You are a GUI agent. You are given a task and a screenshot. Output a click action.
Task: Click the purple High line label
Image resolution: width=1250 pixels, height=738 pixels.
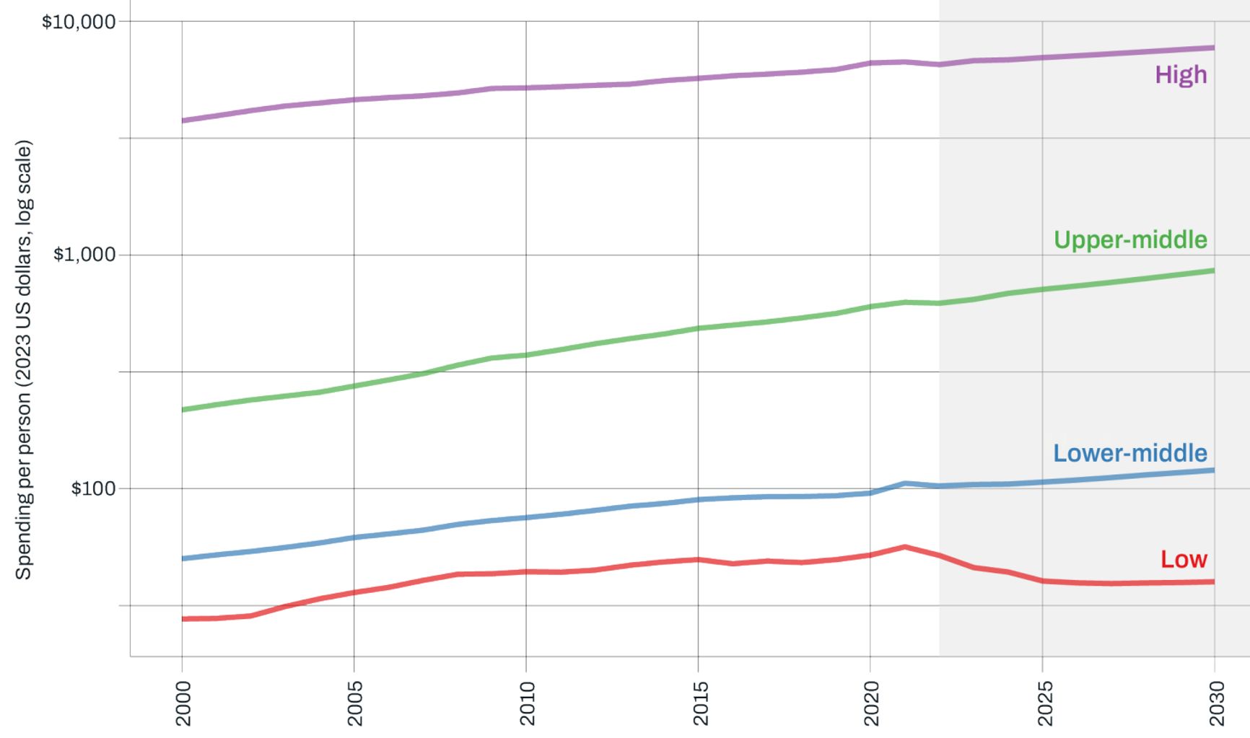click(x=1181, y=74)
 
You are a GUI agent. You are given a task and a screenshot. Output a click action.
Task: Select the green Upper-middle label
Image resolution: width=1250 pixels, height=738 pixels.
click(x=1130, y=240)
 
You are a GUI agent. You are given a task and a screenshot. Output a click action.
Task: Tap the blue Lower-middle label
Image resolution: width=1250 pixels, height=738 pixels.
click(x=1129, y=453)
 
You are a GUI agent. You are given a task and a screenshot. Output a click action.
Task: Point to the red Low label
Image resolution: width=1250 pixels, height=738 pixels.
click(x=1184, y=559)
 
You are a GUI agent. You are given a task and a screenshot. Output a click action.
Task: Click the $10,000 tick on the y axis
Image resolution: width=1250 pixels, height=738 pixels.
click(x=79, y=22)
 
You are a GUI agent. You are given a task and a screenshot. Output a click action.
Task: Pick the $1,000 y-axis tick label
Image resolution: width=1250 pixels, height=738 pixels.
click(x=84, y=255)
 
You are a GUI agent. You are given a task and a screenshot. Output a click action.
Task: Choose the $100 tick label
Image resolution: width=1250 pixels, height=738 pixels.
click(x=93, y=488)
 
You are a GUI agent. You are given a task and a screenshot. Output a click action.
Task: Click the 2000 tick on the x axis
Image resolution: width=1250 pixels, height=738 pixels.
click(x=183, y=703)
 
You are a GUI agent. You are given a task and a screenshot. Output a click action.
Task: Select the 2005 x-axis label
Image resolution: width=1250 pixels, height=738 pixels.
click(x=355, y=703)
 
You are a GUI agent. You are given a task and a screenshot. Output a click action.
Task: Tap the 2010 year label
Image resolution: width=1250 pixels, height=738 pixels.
click(x=527, y=703)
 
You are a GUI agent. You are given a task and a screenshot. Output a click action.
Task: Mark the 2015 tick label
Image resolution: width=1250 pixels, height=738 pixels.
click(x=699, y=703)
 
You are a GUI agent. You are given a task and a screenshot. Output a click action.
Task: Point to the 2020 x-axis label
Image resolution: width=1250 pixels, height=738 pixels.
click(x=871, y=703)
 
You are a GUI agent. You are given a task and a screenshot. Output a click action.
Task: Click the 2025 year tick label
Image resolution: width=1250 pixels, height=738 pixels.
click(x=1044, y=703)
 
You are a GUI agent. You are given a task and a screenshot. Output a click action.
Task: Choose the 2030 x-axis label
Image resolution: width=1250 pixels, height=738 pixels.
click(x=1216, y=703)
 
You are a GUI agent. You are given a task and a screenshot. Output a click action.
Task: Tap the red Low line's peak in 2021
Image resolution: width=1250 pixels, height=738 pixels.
click(x=905, y=547)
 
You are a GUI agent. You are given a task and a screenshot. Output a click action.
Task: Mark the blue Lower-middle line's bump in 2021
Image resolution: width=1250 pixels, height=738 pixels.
click(x=905, y=483)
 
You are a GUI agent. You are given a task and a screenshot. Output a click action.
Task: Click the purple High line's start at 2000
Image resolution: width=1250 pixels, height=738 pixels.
click(x=183, y=120)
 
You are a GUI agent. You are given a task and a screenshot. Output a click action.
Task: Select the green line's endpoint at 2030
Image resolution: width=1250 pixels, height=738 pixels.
click(x=1214, y=271)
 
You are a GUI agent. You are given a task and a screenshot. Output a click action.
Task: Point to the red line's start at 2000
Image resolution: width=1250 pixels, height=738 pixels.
click(x=183, y=619)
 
